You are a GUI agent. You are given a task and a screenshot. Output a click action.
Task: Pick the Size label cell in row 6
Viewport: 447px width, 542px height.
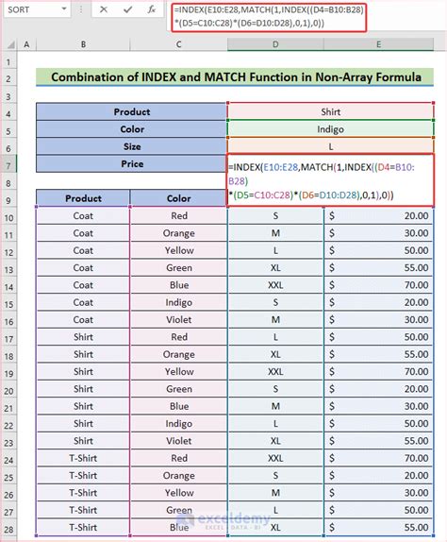tap(132, 146)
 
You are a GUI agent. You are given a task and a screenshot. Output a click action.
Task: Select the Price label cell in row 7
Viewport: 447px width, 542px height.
tap(132, 163)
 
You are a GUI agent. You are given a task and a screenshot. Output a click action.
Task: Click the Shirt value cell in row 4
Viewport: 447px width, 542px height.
tap(330, 111)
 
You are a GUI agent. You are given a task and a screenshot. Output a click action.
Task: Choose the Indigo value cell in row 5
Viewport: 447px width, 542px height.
tap(330, 129)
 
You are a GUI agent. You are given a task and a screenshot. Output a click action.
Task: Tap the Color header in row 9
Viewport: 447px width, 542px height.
tap(177, 198)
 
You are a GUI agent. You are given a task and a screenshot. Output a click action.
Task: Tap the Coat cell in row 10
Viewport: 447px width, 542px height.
tap(83, 216)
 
